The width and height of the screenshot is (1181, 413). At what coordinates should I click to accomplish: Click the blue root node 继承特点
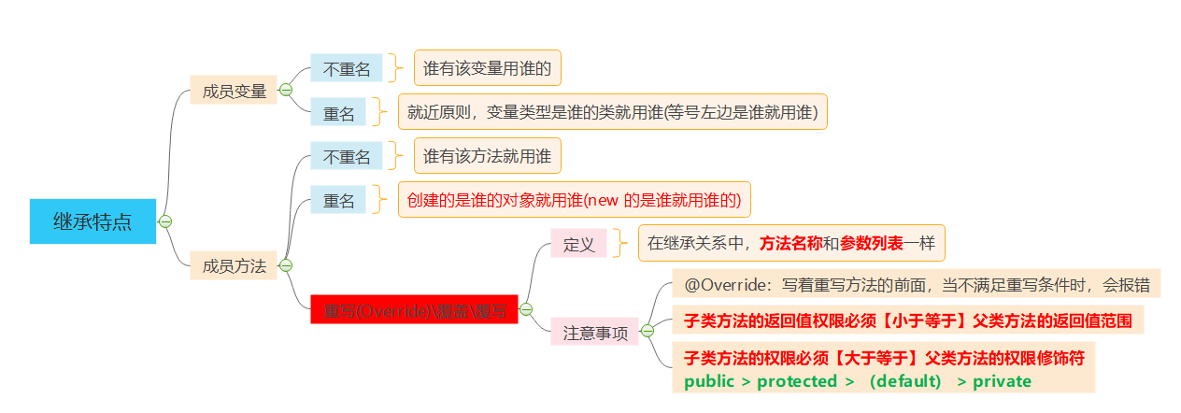tap(92, 221)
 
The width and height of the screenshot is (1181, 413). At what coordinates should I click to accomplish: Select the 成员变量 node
tap(234, 91)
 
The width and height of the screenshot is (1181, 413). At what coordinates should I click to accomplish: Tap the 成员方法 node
tap(234, 265)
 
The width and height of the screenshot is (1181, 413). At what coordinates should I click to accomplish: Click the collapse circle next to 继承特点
tap(165, 221)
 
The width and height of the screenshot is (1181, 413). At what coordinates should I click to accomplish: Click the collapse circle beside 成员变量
tap(286, 90)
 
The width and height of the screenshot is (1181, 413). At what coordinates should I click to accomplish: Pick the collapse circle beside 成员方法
tap(286, 265)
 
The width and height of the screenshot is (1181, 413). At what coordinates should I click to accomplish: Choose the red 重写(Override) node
tap(414, 309)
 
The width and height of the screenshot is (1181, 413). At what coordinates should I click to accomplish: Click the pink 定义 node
tap(578, 244)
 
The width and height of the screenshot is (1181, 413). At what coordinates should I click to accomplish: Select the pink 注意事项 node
tap(594, 331)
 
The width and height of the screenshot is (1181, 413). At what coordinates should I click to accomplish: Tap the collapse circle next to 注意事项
tap(647, 330)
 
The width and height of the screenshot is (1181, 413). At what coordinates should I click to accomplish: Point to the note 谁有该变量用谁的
tap(487, 68)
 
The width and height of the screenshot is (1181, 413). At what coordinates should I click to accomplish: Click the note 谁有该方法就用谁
tap(487, 155)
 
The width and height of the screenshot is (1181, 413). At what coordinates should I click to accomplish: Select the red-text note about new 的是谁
tap(574, 199)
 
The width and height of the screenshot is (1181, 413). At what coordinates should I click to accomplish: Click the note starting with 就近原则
tap(612, 112)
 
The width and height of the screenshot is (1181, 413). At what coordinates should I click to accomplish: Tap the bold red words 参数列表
tap(871, 243)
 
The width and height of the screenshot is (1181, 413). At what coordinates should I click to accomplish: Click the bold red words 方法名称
tap(790, 243)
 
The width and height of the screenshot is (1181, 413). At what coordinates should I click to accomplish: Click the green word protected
tap(797, 381)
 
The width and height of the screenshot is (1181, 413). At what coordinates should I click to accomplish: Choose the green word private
tap(1002, 381)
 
